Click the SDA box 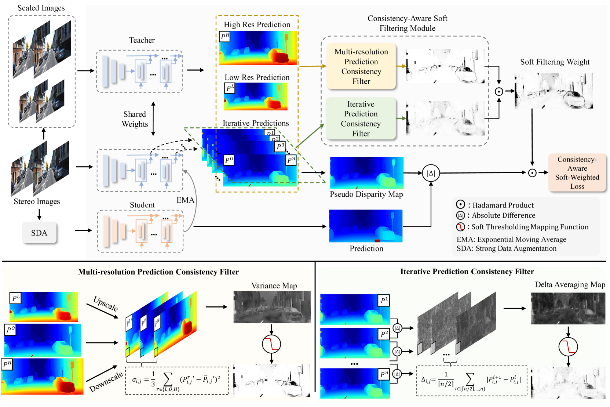39,233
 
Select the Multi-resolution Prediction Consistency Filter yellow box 361,66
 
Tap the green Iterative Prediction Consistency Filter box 361,119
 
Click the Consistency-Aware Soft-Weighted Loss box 577,173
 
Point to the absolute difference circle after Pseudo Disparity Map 431,173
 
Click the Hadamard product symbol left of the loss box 532,173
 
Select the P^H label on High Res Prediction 225,36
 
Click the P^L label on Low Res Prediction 230,88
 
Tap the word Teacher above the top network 142,40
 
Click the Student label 142,205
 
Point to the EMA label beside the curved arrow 185,200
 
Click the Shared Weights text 135,119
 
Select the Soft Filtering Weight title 555,62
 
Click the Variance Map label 274,286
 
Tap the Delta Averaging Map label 570,285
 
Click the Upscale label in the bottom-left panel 106,304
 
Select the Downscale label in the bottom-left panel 106,382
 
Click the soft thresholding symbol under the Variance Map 271,344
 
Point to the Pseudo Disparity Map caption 366,195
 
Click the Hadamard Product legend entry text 503,205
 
